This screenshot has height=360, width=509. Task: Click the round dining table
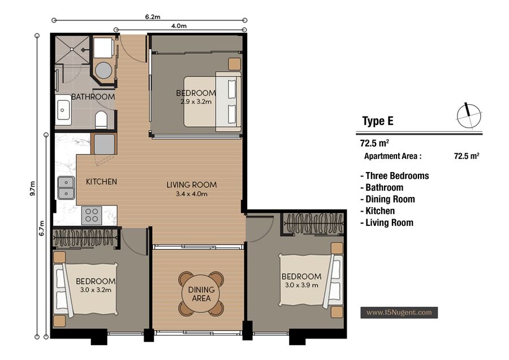pos(201,294)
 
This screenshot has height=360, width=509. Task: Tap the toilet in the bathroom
pos(101,119)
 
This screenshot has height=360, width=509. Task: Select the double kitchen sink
pos(66,188)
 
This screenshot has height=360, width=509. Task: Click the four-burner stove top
pos(92,216)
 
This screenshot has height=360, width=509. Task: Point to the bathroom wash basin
pos(63,110)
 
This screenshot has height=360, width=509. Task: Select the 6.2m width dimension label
pos(153,17)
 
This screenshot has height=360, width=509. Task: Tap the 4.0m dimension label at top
pos(179,26)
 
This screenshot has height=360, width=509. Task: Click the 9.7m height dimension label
pos(32,188)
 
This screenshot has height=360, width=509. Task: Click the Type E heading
pos(378,121)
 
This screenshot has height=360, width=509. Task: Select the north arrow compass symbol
pos(469,116)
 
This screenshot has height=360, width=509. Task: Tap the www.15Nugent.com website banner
pos(399,312)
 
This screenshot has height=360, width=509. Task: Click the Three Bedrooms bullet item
pos(394,176)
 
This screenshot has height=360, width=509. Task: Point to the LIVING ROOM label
pos(192,185)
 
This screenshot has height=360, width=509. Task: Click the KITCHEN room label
pos(101,182)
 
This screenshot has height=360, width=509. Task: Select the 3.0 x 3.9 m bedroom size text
pos(301,285)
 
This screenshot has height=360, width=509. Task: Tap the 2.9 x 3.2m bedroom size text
pos(196,102)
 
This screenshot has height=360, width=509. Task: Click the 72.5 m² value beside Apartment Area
pos(467,156)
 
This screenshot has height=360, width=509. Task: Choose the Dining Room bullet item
pos(387,199)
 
